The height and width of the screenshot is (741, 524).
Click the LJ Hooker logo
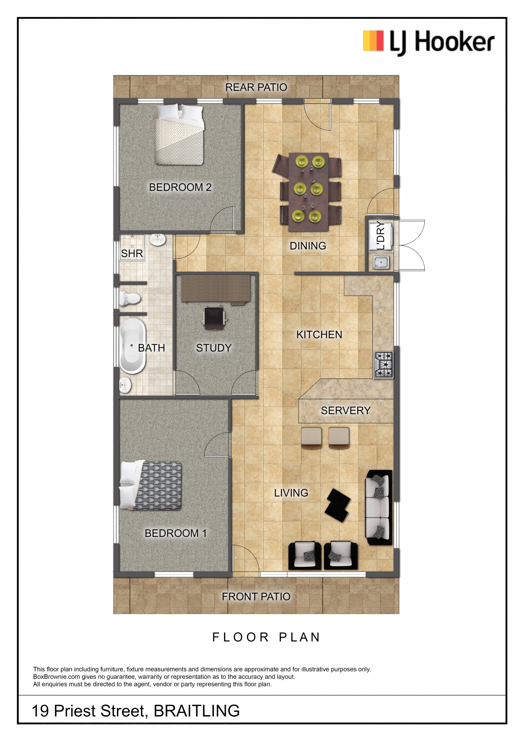tap(428, 42)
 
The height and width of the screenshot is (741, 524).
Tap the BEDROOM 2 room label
tap(180, 187)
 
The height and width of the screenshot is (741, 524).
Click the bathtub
tap(132, 346)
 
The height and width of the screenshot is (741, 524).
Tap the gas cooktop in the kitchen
tap(383, 365)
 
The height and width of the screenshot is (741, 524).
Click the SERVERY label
tap(346, 411)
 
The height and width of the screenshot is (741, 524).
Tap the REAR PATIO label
tap(256, 87)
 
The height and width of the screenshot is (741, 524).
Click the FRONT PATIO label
tap(256, 597)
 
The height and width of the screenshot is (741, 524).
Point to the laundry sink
tap(381, 262)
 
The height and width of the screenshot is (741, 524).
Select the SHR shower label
tap(132, 253)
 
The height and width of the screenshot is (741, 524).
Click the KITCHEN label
tap(319, 335)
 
